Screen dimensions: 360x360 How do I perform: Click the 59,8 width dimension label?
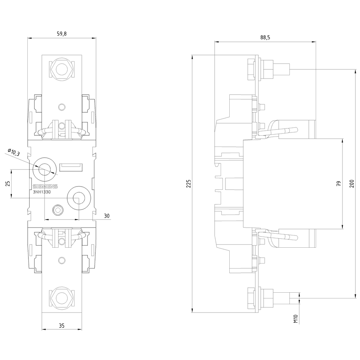pyautogui.click(x=62, y=34)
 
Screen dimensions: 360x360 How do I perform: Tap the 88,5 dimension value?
pyautogui.click(x=265, y=37)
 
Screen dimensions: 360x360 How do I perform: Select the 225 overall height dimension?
pyautogui.click(x=189, y=184)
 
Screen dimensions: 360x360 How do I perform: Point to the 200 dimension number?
pyautogui.click(x=352, y=184)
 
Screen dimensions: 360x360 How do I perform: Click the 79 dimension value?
pyautogui.click(x=339, y=184)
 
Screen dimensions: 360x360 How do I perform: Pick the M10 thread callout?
pyautogui.click(x=296, y=319)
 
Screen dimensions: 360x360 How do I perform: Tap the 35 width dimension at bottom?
pyautogui.click(x=62, y=325)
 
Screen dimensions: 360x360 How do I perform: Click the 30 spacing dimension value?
pyautogui.click(x=107, y=216)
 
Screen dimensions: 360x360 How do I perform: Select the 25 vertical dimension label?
pyautogui.click(x=8, y=184)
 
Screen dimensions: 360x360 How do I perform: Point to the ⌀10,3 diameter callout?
pyautogui.click(x=14, y=152)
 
